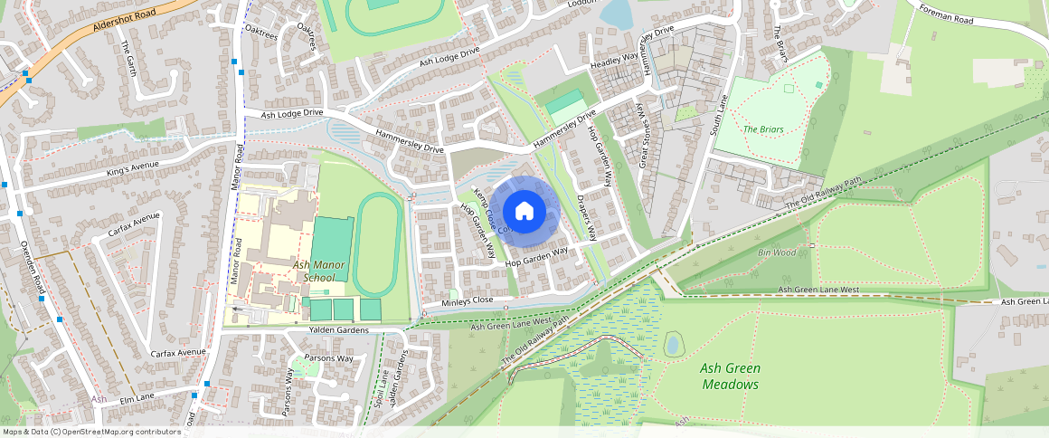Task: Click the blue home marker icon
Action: [524, 212]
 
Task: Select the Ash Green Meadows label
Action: [730, 376]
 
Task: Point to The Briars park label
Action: [762, 129]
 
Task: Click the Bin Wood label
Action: [778, 252]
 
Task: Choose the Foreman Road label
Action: [947, 14]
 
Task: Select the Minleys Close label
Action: [468, 300]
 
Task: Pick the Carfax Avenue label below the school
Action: [179, 352]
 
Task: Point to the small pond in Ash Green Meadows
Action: [673, 344]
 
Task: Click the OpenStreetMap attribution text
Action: [92, 432]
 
